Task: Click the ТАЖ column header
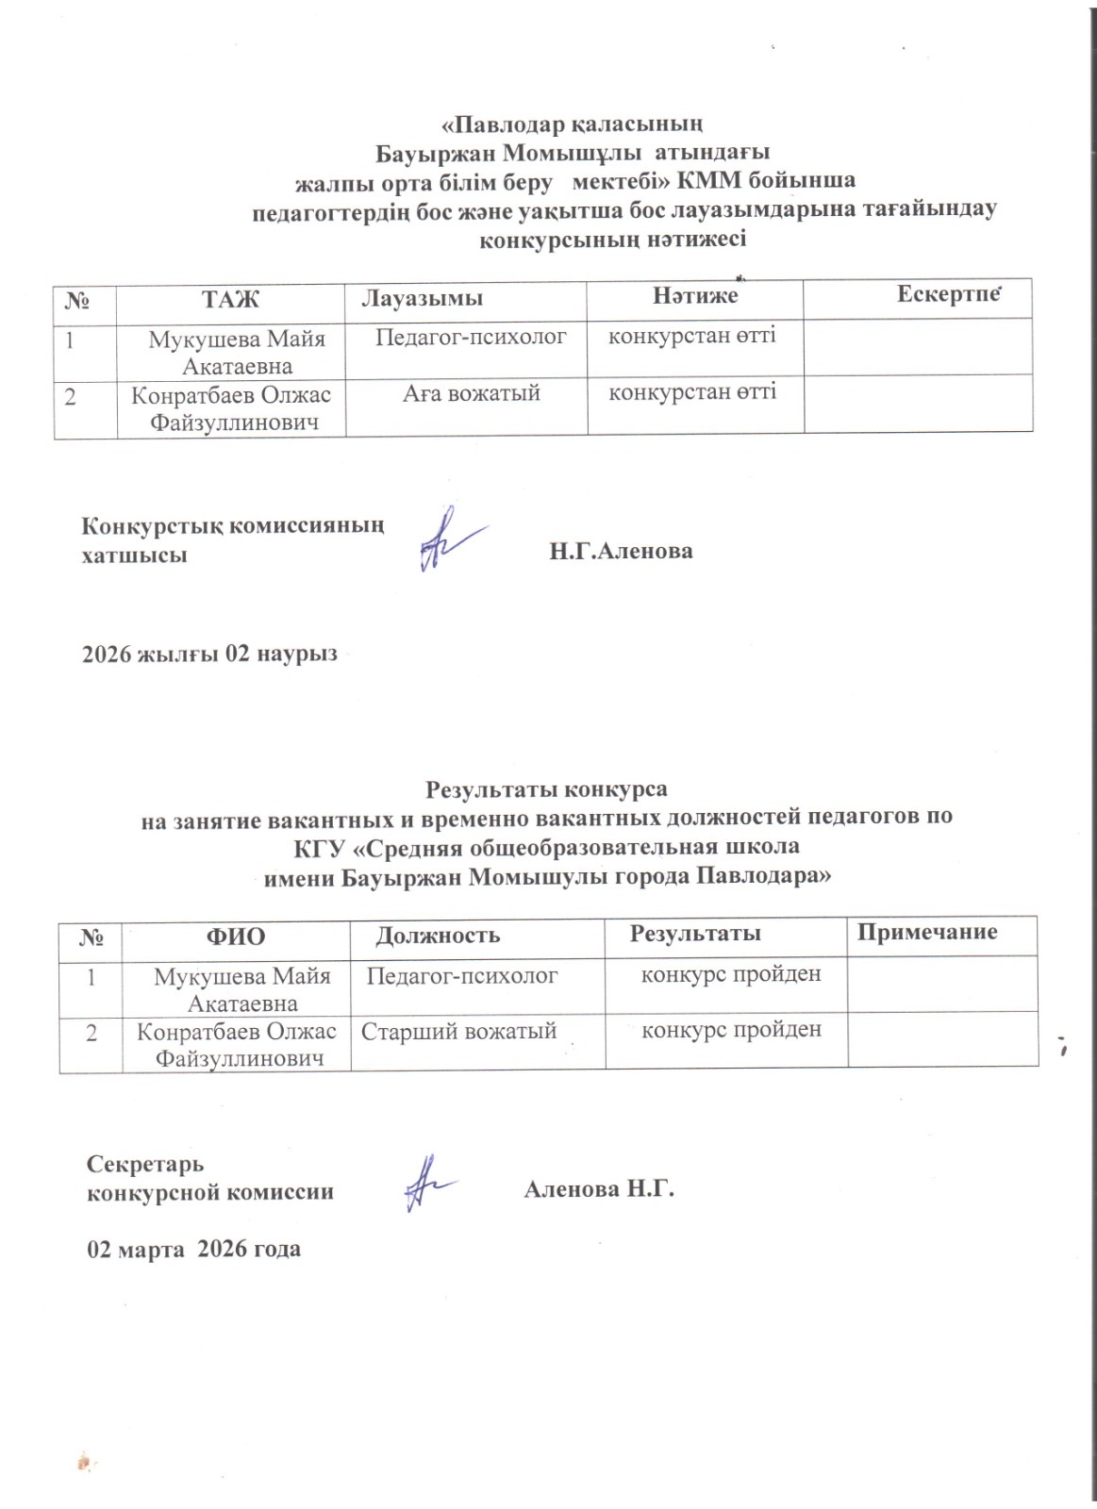(x=230, y=299)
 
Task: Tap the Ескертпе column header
(x=947, y=294)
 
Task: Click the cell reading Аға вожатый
(x=472, y=393)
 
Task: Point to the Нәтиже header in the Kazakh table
(x=695, y=297)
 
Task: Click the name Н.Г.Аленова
(x=621, y=552)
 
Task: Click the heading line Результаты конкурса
(x=548, y=788)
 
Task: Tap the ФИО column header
(x=236, y=936)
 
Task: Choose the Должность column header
(x=438, y=936)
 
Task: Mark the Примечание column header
(x=927, y=932)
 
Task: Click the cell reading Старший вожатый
(x=459, y=1031)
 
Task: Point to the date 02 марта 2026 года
(x=193, y=1249)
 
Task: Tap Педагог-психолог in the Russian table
(x=462, y=975)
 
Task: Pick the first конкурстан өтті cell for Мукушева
(x=691, y=335)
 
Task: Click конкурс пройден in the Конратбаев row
(x=731, y=1029)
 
